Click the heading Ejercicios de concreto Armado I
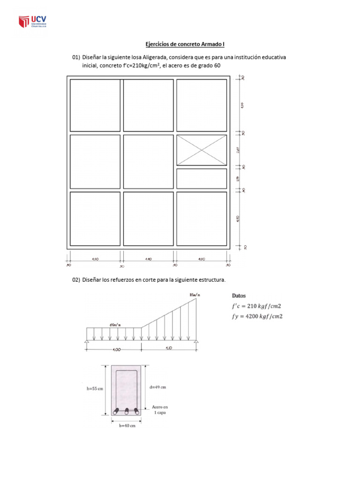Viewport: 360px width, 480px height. click(180, 44)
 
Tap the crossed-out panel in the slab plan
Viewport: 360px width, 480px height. click(202, 150)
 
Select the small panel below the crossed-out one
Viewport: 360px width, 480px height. click(202, 178)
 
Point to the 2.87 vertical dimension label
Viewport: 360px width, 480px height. click(238, 150)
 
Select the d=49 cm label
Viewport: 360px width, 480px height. click(156, 387)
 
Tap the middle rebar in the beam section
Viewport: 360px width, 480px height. click(126, 411)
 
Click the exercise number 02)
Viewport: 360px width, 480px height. click(76, 280)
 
